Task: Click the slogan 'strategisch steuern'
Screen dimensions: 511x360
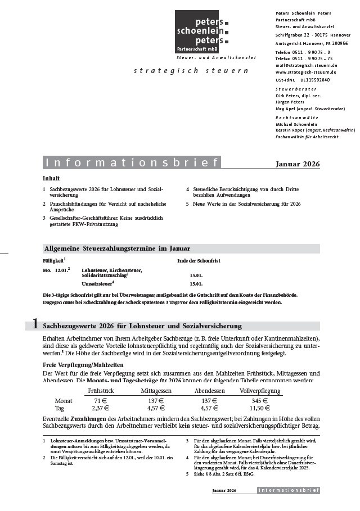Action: (191, 71)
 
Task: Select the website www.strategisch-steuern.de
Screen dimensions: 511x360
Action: (306, 73)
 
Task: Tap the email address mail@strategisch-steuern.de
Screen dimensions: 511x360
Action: (306, 65)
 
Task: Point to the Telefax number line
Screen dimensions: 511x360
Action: (304, 58)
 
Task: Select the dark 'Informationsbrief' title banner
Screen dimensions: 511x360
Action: (132, 163)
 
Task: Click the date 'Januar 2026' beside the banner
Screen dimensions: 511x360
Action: (298, 164)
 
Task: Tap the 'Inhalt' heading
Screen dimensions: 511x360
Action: (51, 178)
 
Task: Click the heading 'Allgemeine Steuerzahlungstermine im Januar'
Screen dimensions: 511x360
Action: (117, 248)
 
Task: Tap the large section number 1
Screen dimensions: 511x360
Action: (35, 324)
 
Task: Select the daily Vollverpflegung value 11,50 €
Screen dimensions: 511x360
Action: (259, 408)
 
